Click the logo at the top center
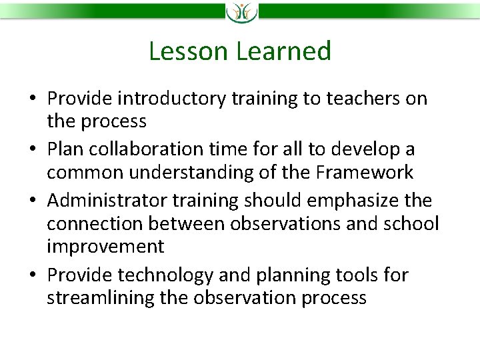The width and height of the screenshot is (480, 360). click(240, 12)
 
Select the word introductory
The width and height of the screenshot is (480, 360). click(172, 99)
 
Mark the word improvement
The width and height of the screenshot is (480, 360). click(105, 247)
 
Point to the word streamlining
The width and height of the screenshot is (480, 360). click(101, 297)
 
